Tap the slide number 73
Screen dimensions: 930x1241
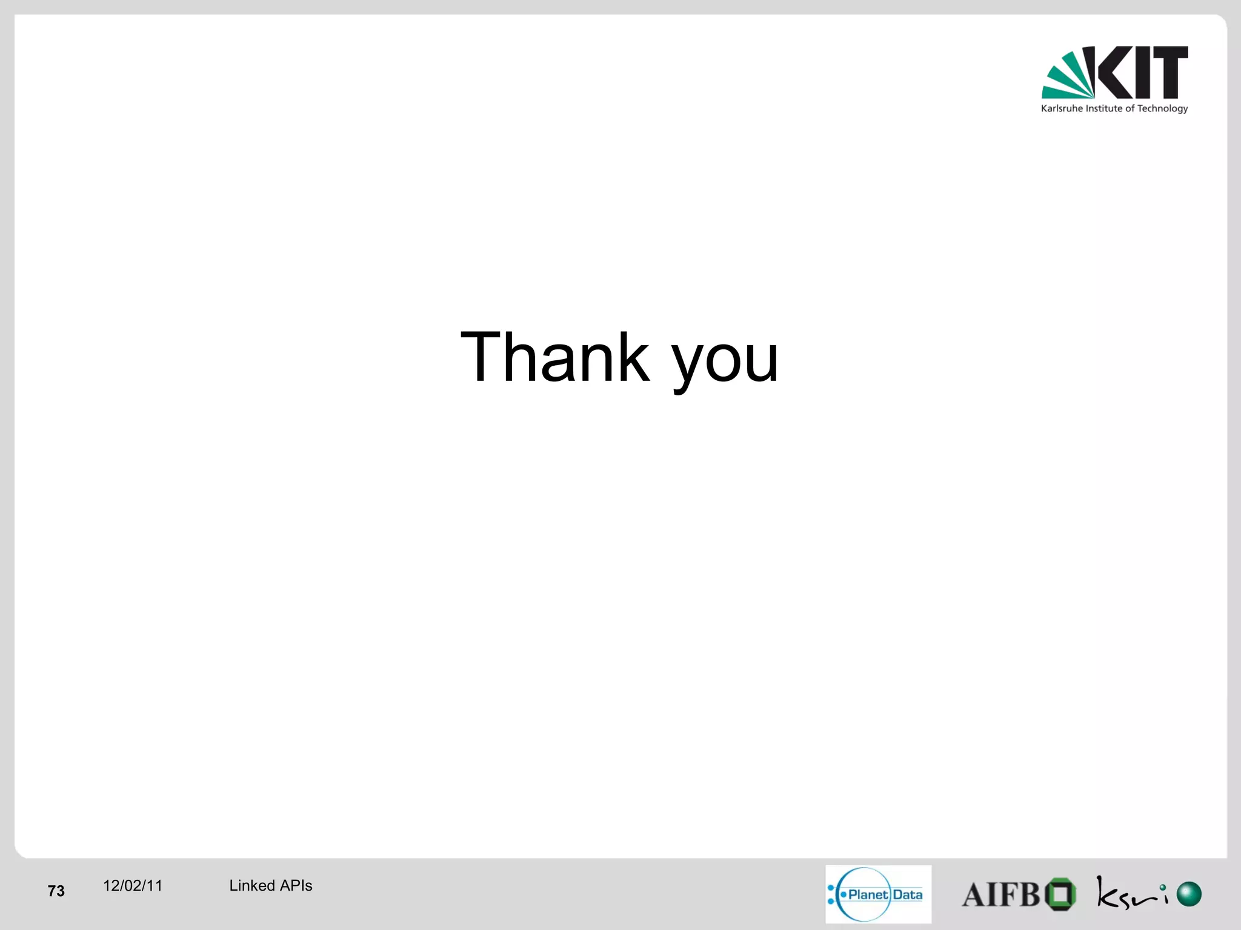point(56,891)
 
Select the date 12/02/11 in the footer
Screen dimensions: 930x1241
point(133,886)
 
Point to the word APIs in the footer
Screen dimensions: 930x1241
point(296,886)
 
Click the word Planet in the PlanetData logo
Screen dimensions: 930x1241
point(868,894)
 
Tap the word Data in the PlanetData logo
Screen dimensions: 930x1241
point(907,894)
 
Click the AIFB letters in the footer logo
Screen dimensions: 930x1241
point(1000,895)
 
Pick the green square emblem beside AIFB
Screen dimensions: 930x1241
point(1060,894)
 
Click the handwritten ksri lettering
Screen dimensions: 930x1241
point(1130,894)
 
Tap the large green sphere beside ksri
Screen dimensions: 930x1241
point(1189,894)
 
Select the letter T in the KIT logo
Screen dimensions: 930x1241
point(1170,72)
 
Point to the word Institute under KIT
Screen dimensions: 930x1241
point(1104,108)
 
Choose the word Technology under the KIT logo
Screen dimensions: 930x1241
point(1162,109)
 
